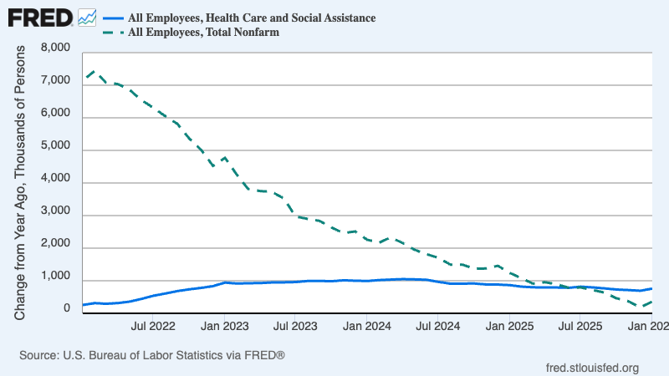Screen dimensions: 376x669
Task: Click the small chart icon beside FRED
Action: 86,17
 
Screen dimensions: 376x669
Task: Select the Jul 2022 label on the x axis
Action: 152,323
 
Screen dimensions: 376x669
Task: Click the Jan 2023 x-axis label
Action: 224,323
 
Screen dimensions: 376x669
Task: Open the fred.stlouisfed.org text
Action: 591,367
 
